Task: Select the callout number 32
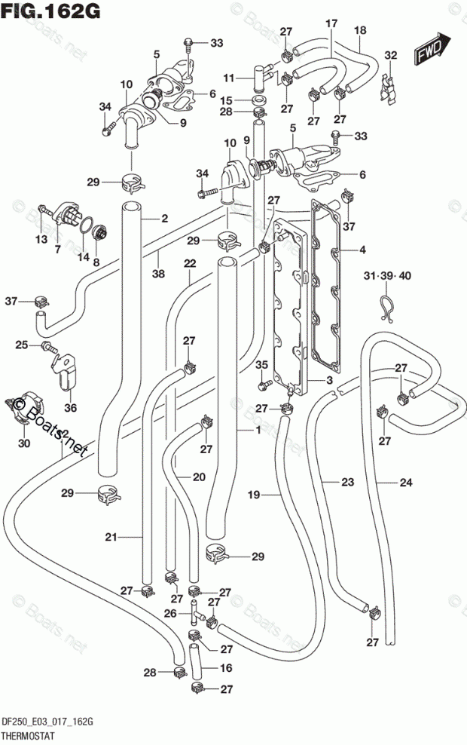[x=391, y=55]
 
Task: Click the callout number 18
[x=360, y=30]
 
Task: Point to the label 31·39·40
[x=388, y=275]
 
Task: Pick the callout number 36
[x=70, y=407]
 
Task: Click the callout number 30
[x=24, y=443]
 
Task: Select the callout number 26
[x=170, y=613]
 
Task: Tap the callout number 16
[x=226, y=667]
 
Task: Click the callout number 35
[x=261, y=365]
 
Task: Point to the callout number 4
[x=362, y=250]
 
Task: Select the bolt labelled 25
[x=48, y=346]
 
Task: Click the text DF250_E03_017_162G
[x=47, y=722]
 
